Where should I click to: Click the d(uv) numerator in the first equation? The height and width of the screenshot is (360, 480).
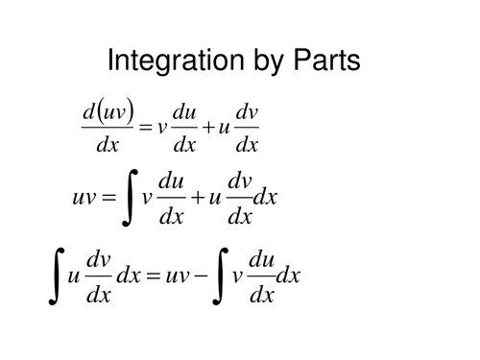[x=108, y=113]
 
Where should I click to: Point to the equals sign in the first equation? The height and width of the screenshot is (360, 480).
[x=145, y=129]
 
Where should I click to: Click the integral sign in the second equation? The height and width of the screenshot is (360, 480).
[x=128, y=198]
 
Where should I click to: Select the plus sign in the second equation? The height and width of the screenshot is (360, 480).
[x=197, y=198]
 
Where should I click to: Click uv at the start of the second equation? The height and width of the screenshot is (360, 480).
[x=84, y=198]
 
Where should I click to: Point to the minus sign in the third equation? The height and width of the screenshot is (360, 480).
[x=199, y=276]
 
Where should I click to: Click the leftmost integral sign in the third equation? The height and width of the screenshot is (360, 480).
[x=56, y=276]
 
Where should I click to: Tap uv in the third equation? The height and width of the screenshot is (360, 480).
[x=176, y=276]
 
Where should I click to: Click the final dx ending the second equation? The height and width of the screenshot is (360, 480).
[x=264, y=198]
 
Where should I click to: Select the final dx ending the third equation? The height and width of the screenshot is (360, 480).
[x=287, y=276]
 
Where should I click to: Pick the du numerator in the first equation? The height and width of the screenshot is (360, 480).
[x=183, y=113]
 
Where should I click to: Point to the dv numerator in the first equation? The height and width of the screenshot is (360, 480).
[x=247, y=113]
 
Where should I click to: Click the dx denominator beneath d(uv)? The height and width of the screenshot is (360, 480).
[x=108, y=145]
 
